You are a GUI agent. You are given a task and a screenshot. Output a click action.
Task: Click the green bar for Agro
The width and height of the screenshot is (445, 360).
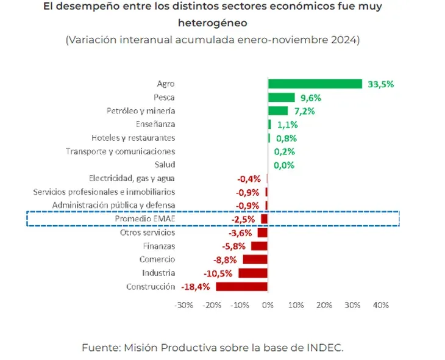click(315, 84)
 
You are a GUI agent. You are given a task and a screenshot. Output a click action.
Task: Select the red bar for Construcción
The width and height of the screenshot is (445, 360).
click(241, 287)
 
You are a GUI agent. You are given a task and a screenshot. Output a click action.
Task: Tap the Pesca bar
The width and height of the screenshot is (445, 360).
click(281, 97)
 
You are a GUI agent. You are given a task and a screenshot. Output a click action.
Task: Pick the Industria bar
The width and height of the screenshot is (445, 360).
click(252, 273)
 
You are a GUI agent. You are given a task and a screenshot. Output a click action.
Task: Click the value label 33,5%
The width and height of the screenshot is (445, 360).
click(380, 84)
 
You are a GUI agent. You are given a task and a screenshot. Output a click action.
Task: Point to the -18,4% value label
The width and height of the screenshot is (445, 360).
click(196, 287)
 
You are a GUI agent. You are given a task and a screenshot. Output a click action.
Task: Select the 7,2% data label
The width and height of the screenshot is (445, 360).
click(304, 111)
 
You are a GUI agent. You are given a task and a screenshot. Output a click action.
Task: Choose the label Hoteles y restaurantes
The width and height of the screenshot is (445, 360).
click(133, 138)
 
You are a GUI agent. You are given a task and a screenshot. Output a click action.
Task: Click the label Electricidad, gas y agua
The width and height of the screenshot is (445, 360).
click(132, 178)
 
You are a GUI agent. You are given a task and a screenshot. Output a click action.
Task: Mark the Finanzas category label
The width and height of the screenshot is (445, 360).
click(159, 246)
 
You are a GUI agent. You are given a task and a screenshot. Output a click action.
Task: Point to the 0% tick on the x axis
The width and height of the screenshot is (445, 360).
click(268, 305)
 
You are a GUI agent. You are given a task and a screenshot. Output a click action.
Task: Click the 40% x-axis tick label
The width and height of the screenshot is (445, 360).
click(380, 305)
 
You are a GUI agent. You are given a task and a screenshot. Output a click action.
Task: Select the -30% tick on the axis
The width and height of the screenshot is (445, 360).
click(183, 305)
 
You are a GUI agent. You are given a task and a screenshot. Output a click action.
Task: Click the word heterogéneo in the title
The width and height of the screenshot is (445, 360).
click(213, 23)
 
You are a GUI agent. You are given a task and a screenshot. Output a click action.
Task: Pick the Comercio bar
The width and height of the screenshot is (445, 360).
click(255, 260)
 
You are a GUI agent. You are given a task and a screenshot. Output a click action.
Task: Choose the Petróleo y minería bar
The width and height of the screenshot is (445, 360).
click(277, 111)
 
